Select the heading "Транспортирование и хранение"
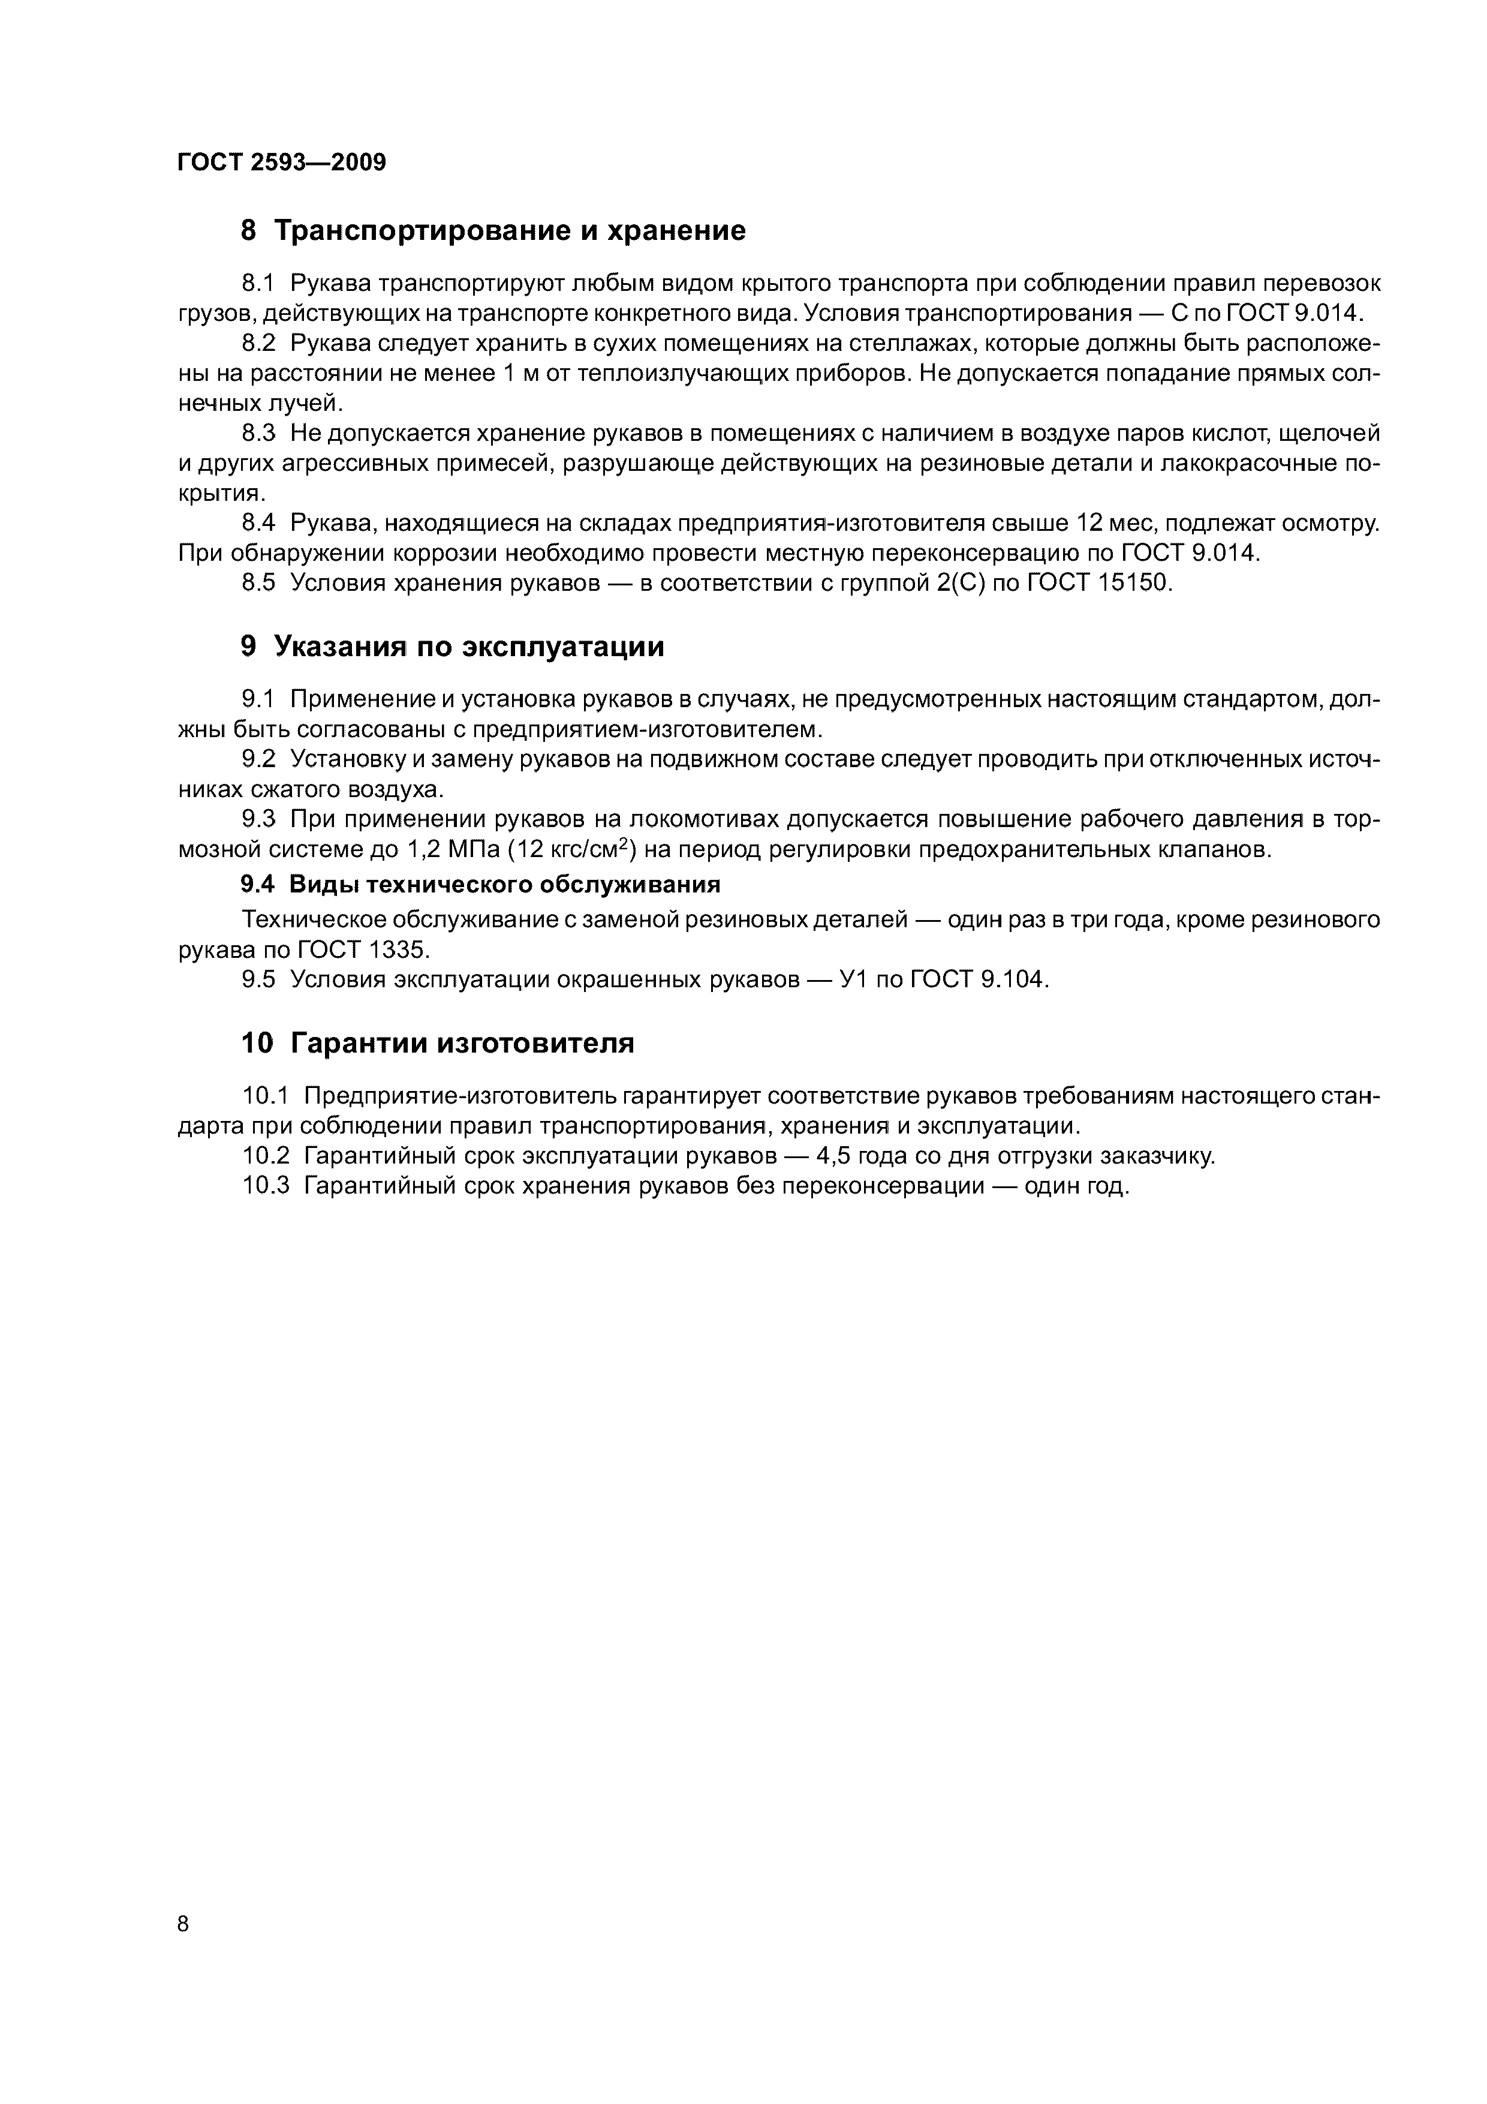pos(510,231)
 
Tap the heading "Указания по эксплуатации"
pos(469,647)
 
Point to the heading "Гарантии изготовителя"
pos(463,1044)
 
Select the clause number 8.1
pos(258,284)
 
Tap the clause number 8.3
pos(258,434)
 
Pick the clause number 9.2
pos(258,760)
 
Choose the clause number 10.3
pos(266,1186)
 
